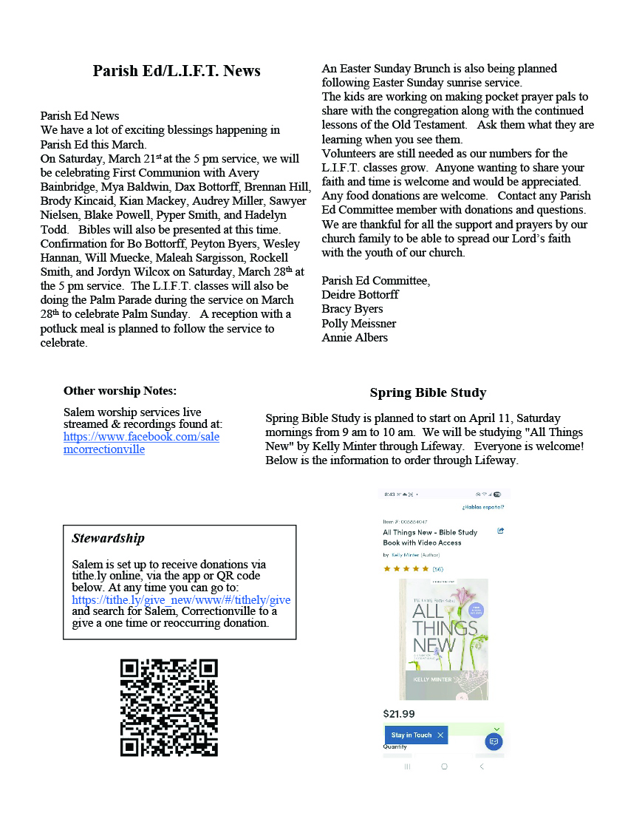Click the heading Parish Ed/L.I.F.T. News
177,71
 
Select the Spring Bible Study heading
428,392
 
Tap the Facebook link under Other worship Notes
141,443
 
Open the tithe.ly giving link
181,600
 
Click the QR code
169,707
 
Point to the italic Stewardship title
108,538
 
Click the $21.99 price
399,714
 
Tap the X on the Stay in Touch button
440,735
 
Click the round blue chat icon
494,741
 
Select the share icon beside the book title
501,531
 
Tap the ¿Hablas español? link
483,507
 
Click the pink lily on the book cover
464,595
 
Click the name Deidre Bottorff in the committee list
360,295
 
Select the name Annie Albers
355,338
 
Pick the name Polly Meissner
358,324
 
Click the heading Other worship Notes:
120,391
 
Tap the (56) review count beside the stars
437,569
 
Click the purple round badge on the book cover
476,610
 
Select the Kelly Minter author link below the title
404,555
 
